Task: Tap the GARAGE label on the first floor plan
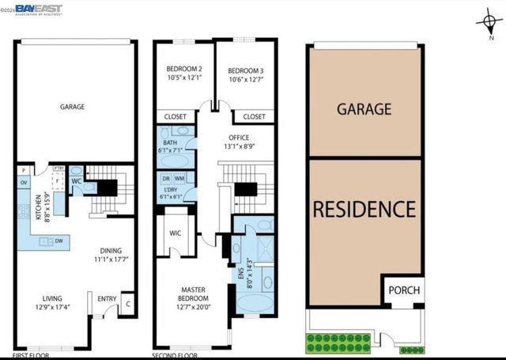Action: [x=72, y=106]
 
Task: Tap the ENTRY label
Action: [x=106, y=298]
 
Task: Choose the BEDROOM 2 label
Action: [x=183, y=69]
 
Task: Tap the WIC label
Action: [x=176, y=235]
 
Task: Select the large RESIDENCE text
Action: [x=364, y=210]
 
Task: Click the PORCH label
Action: [x=403, y=290]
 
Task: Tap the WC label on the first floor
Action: [x=77, y=180]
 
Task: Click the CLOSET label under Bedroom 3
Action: [x=254, y=116]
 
